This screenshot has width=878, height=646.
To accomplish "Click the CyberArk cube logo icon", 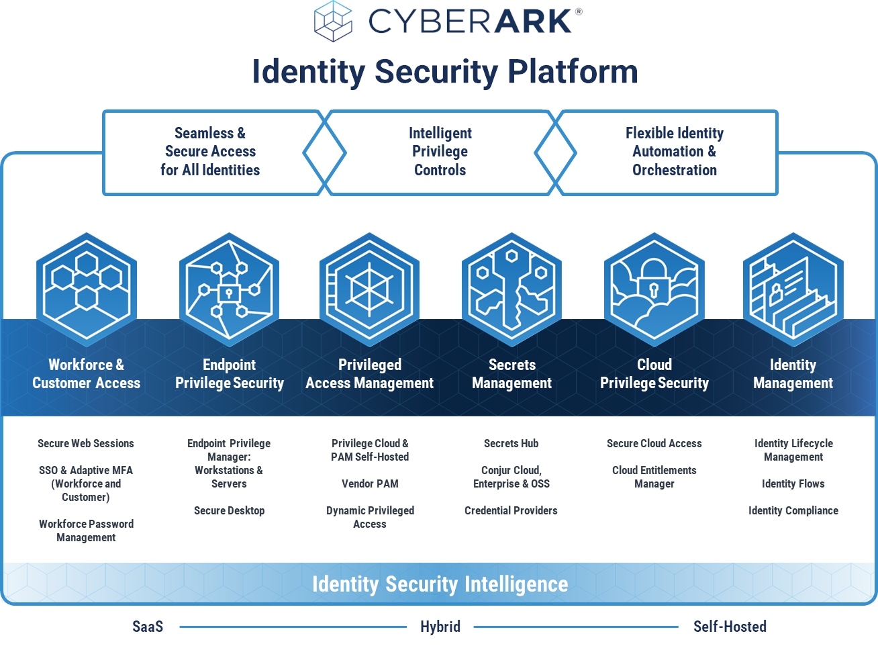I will (334, 21).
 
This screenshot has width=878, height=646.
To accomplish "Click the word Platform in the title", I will (573, 71).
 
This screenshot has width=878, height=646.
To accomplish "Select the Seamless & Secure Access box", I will (210, 152).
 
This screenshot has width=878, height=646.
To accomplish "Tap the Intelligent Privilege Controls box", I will (440, 152).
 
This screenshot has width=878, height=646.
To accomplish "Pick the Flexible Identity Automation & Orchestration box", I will (674, 152).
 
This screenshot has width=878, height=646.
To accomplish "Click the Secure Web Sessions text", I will (86, 443).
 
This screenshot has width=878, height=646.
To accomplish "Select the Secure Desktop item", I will (230, 510).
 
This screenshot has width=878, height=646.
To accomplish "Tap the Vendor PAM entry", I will (370, 483).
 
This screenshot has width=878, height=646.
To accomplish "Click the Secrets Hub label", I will (511, 443).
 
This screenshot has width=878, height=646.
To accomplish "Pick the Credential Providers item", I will (511, 510).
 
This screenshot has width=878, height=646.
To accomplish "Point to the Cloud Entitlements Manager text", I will (654, 477).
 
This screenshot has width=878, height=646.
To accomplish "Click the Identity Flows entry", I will (793, 483).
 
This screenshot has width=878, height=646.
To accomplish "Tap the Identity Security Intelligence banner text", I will (440, 584).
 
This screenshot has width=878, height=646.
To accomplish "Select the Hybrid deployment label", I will (440, 627).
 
